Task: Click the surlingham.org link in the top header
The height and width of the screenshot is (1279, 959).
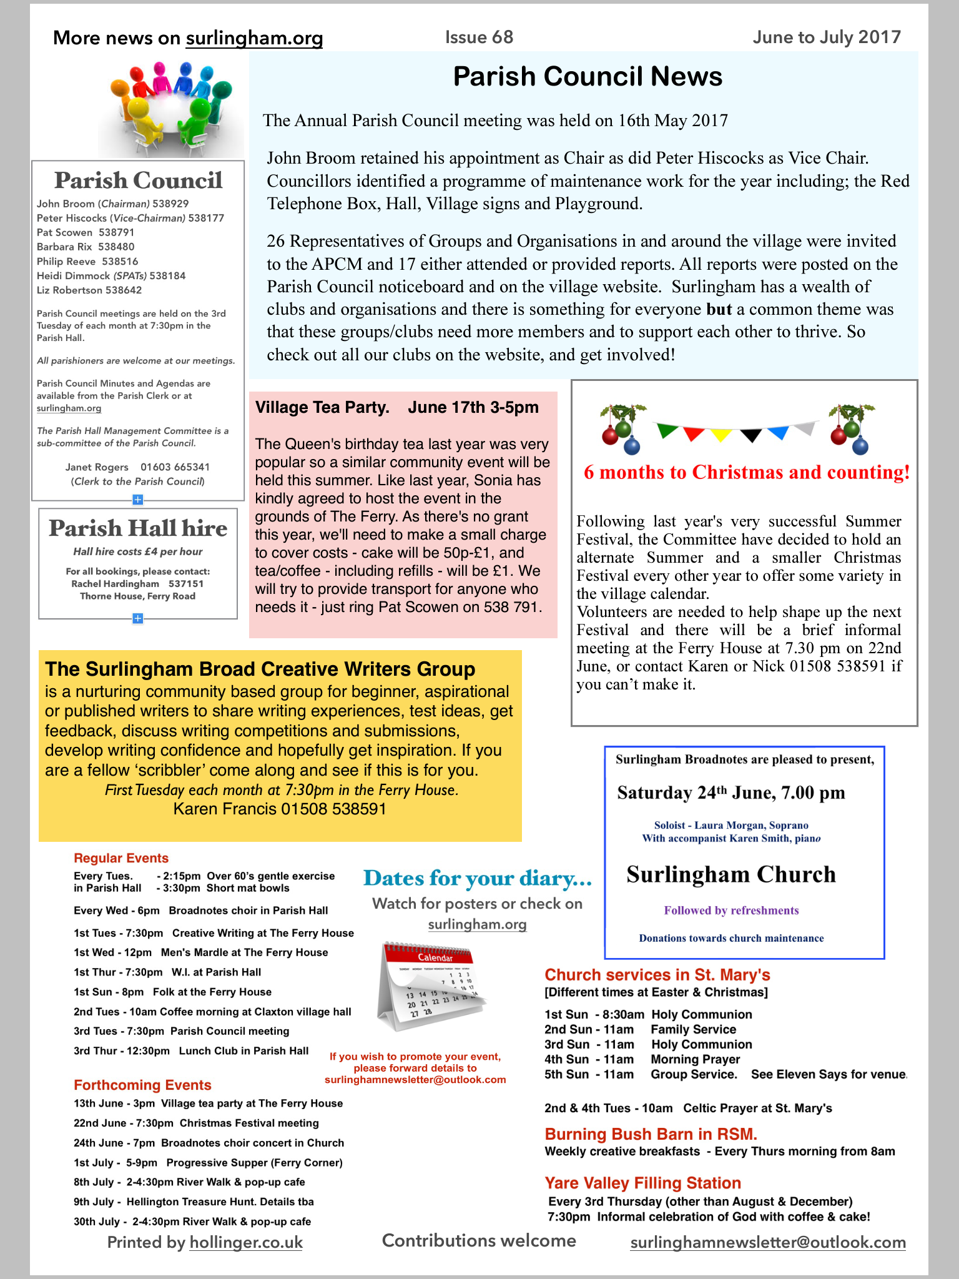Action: [254, 38]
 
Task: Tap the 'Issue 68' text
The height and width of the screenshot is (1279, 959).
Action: [479, 37]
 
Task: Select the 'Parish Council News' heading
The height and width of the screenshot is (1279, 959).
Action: [588, 77]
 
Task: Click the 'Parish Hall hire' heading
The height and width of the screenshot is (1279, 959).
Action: [138, 528]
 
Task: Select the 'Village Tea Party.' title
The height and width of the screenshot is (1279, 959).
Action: [322, 408]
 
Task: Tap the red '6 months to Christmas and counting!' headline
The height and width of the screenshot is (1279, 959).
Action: [747, 472]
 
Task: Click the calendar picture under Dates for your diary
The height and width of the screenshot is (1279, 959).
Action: [431, 985]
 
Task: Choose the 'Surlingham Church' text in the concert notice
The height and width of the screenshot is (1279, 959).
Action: [731, 874]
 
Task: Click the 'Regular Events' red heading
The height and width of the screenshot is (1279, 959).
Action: [121, 858]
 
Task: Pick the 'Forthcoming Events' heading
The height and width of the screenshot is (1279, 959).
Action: [142, 1085]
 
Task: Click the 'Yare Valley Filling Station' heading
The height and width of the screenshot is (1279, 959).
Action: [642, 1183]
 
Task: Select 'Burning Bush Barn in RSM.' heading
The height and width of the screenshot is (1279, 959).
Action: [651, 1134]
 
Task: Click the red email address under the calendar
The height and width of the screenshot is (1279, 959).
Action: [415, 1080]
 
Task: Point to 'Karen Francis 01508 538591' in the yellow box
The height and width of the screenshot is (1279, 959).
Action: [280, 809]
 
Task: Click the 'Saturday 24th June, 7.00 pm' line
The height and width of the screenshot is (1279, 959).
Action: [731, 793]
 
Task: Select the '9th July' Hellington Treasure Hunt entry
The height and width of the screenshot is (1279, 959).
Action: [194, 1202]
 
